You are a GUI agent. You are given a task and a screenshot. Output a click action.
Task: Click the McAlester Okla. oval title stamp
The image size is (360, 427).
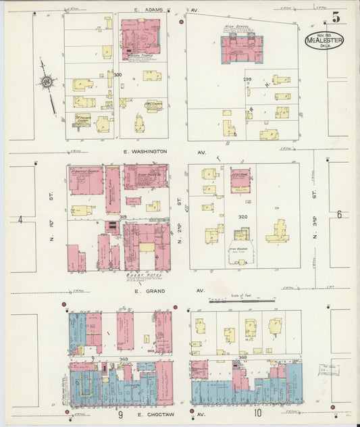coord(324,40)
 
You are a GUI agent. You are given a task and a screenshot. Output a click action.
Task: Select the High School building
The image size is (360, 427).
coord(241,48)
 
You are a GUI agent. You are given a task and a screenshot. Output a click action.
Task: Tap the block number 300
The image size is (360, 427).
coord(118,74)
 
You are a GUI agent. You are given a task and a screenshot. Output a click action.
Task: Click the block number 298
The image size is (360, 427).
coord(247,79)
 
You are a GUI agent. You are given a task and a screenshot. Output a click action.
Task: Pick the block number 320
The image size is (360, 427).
coord(243,218)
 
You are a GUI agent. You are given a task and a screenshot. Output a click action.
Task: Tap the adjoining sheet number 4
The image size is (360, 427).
coord(20,220)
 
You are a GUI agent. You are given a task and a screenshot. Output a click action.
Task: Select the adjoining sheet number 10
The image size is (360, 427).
coord(257,411)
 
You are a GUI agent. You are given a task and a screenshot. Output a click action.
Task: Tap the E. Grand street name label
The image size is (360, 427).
coord(147,291)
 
